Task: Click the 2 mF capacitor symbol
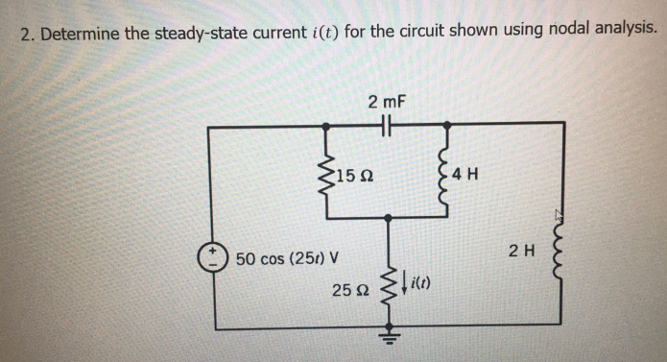click(x=389, y=124)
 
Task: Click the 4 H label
click(x=469, y=175)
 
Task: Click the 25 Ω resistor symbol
click(x=389, y=288)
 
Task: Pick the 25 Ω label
click(x=351, y=289)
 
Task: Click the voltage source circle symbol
click(x=209, y=256)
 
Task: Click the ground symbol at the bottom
click(x=389, y=336)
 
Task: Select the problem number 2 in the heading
click(x=27, y=34)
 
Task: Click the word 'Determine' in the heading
click(x=80, y=34)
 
